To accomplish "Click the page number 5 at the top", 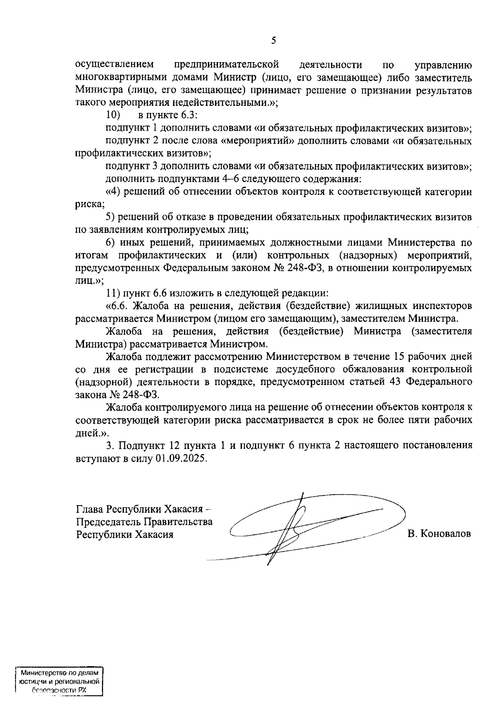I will pos(273,41).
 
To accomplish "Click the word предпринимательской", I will pos(226,65).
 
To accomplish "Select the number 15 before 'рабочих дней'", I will pos(397,357).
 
